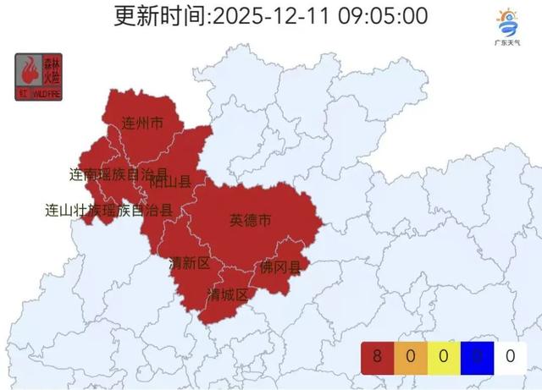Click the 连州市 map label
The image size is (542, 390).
tap(141, 124)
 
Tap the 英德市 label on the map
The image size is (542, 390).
tap(251, 221)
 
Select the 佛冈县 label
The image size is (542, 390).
tap(280, 268)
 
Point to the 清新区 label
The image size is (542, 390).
tap(190, 263)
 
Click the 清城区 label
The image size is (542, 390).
tap(228, 294)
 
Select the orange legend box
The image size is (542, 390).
tap(410, 356)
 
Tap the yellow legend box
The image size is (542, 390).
tap(443, 356)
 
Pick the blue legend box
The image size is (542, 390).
tap(476, 356)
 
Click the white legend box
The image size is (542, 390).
tap(509, 356)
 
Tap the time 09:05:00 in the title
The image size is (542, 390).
tap(387, 15)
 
